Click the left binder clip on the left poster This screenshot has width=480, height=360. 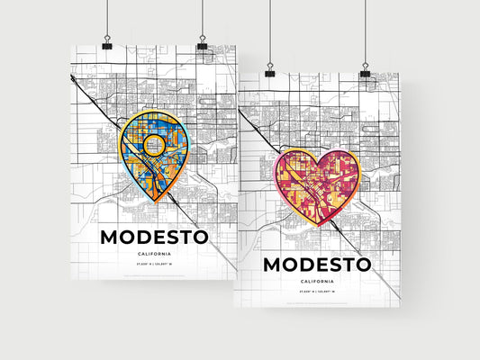107,45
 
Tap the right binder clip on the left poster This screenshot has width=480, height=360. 202,45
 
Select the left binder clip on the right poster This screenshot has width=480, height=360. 268,70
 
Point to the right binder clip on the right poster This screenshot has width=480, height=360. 365,70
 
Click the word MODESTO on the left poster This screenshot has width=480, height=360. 154,238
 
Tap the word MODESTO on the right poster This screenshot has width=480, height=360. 316,265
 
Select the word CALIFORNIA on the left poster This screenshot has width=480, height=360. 154,255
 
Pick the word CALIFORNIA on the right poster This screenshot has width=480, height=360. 316,282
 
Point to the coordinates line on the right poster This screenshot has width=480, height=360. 316,293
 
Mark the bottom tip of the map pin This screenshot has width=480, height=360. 156,201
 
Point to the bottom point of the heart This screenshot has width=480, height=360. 316,227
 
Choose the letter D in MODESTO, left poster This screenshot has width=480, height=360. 147,238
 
